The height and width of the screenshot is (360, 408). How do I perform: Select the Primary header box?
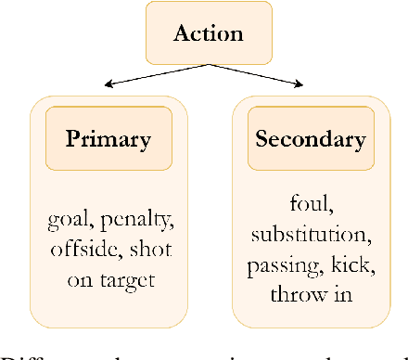click(x=108, y=142)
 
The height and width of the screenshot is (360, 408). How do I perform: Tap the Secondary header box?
click(x=309, y=141)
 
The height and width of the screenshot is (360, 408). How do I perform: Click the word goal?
click(x=65, y=221)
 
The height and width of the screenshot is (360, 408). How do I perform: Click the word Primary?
click(x=108, y=142)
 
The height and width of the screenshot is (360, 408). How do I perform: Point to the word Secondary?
click(x=309, y=141)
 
